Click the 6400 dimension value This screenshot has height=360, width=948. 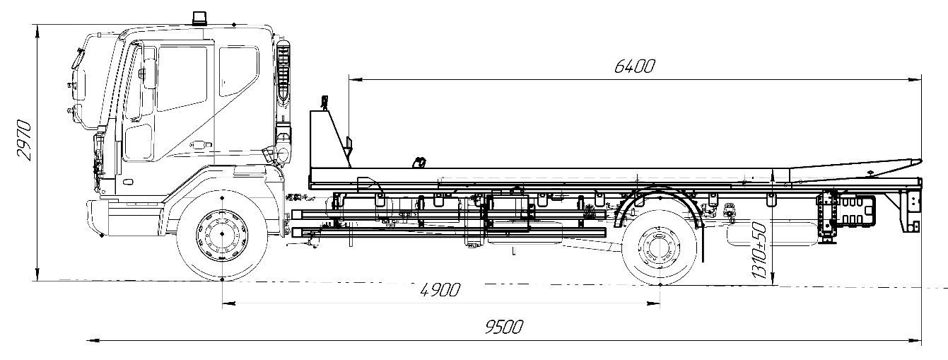point(635,66)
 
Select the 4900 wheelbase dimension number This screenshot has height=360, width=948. point(440,290)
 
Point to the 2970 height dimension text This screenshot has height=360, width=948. point(23,141)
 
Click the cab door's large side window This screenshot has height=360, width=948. point(182,78)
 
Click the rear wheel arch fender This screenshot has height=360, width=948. point(661,198)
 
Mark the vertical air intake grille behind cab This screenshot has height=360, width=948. point(283,74)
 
